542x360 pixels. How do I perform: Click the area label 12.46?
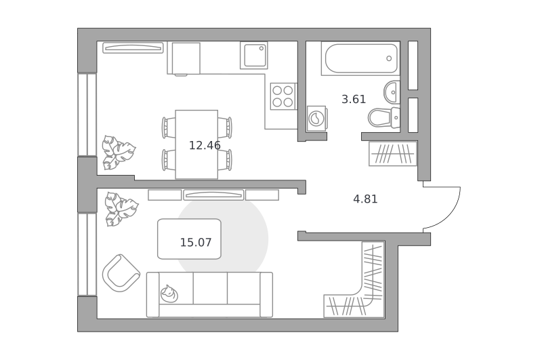click(x=205, y=146)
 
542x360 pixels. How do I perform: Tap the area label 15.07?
click(x=196, y=243)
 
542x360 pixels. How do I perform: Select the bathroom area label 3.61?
click(x=354, y=100)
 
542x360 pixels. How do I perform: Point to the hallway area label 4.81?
click(x=365, y=199)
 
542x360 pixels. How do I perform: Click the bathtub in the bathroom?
click(x=360, y=58)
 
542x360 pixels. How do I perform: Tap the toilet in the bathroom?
click(x=383, y=117)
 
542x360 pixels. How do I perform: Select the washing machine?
click(x=316, y=119)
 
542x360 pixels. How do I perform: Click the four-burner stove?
click(x=283, y=96)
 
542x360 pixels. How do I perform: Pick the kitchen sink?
click(x=253, y=56)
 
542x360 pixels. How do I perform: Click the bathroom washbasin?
click(x=392, y=92)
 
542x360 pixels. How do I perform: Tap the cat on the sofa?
click(x=169, y=294)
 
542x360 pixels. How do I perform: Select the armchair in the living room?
click(x=121, y=273)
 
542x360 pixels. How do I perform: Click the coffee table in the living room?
click(x=189, y=239)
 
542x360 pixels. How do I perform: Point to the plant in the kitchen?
click(x=118, y=153)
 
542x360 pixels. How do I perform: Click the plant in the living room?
click(x=121, y=209)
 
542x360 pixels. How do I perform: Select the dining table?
click(x=196, y=144)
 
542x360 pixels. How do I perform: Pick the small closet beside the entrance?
click(x=393, y=153)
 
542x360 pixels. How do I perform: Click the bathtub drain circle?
click(x=389, y=58)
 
